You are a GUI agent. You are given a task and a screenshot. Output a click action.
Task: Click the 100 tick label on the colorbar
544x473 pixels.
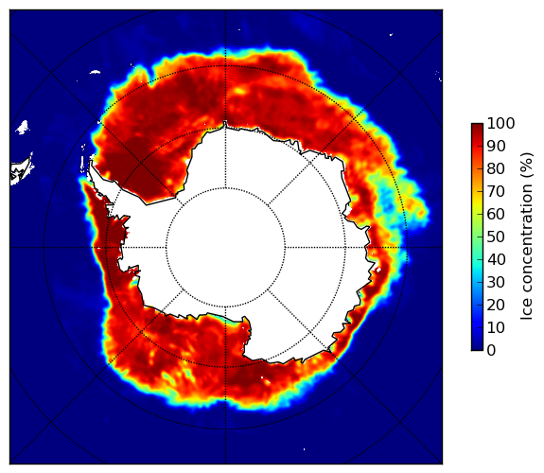click(500, 124)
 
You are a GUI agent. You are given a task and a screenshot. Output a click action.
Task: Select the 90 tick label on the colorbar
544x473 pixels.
click(496, 146)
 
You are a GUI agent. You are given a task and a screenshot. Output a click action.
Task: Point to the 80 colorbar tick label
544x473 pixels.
click(496, 169)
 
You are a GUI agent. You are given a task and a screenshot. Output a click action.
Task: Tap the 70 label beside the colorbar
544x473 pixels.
click(496, 191)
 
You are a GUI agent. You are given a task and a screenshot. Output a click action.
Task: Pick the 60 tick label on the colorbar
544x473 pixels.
click(496, 214)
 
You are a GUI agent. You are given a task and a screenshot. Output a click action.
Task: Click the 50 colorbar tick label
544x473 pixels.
click(496, 237)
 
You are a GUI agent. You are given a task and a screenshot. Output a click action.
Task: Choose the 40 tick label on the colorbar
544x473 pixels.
click(496, 259)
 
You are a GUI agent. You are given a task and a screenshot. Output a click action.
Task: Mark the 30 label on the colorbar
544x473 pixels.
click(496, 283)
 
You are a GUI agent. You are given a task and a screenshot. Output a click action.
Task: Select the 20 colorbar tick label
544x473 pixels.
click(496, 305)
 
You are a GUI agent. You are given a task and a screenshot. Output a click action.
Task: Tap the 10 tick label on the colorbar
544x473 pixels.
click(496, 327)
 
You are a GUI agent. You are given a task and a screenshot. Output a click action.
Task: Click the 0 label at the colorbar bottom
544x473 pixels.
click(492, 351)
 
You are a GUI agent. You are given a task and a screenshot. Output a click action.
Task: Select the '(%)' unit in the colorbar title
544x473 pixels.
click(527, 166)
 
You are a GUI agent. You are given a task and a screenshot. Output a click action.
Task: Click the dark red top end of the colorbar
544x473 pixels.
click(477, 126)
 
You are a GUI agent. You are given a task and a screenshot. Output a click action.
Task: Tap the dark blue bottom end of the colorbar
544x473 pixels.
click(477, 348)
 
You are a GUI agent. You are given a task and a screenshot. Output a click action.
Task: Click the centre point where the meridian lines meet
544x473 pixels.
click(225, 248)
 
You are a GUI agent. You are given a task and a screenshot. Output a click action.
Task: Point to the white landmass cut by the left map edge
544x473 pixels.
click(22, 170)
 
